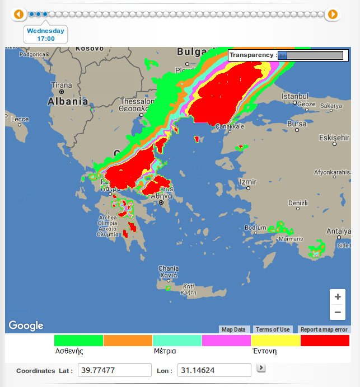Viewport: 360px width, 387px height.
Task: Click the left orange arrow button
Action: [19, 14]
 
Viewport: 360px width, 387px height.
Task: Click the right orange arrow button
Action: [333, 14]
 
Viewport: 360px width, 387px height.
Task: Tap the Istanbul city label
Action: [295, 96]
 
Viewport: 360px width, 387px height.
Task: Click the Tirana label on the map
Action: [62, 86]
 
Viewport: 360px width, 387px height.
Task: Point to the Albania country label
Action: [68, 101]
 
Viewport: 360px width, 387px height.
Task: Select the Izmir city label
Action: [247, 182]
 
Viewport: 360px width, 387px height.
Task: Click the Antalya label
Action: [339, 231]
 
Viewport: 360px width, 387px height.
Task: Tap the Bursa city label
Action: [296, 124]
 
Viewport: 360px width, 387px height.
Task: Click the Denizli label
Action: [298, 202]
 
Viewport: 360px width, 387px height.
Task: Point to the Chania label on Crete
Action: [169, 268]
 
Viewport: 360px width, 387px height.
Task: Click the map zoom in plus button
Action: [338, 296]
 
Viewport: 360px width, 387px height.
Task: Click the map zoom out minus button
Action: [338, 312]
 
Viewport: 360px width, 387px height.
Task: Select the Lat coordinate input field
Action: [114, 370]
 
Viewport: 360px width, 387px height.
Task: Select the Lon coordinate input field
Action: [214, 370]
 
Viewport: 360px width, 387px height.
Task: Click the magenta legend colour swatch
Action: [226, 340]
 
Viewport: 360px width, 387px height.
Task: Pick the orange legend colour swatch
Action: [128, 340]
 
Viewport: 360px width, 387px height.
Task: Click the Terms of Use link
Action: [273, 329]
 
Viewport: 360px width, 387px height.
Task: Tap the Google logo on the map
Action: [26, 325]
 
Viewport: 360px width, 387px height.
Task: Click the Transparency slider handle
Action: [283, 55]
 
